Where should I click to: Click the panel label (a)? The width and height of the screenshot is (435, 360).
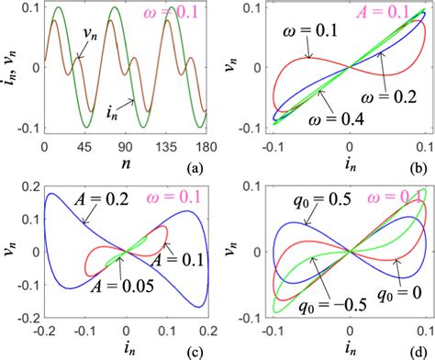tap(193, 169)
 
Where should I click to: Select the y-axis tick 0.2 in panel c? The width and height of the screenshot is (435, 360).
tap(24, 189)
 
